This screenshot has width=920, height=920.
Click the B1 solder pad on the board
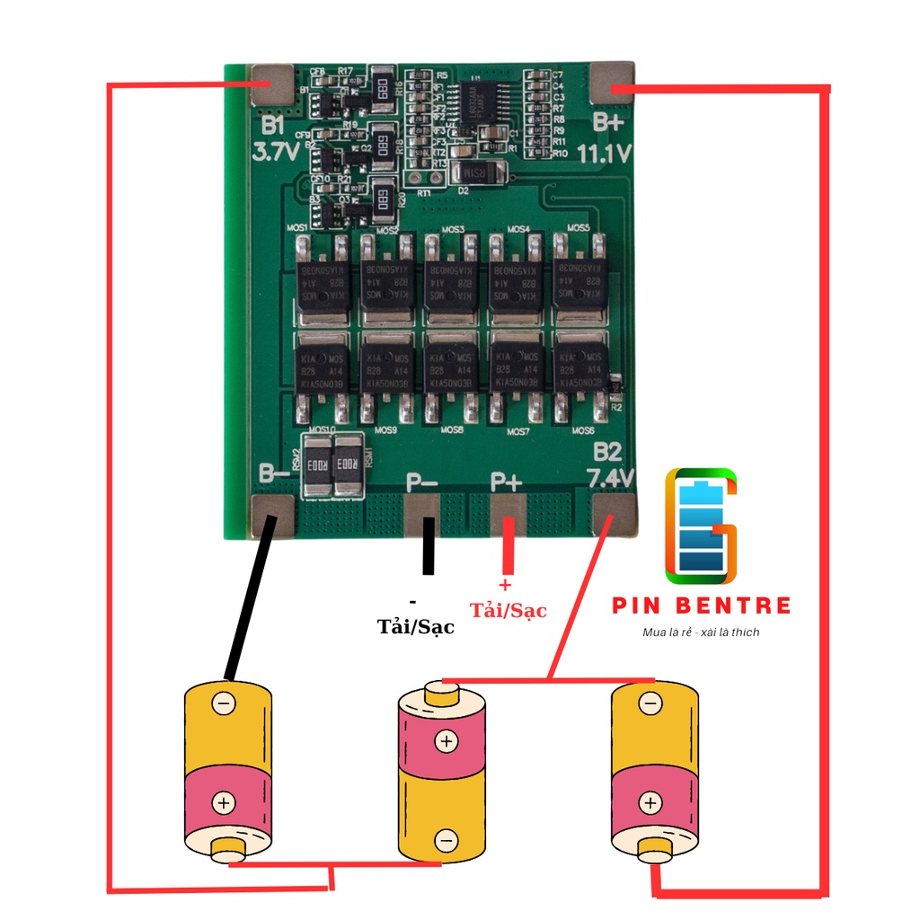272,86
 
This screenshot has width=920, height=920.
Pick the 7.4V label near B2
610,476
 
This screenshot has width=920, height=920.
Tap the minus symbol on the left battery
224,703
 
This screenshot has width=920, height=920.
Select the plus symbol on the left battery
224,802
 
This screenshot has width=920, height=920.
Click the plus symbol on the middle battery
446,741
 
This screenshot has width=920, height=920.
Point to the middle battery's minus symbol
446,840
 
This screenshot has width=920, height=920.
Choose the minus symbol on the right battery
649,703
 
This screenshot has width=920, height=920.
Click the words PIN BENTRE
702,606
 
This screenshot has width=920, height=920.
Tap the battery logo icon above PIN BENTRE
701,523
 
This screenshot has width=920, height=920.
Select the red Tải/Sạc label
509,611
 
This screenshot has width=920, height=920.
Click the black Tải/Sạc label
416,627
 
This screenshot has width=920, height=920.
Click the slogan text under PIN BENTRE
701,632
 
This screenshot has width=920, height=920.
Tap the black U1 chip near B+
483,99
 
